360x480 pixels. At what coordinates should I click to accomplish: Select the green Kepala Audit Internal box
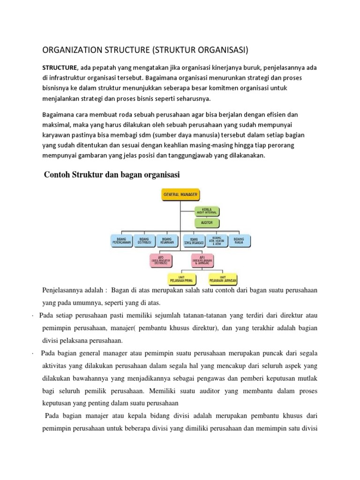point(207,210)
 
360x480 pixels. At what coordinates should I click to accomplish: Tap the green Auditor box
point(207,223)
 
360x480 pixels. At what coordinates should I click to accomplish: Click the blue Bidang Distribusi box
point(144,241)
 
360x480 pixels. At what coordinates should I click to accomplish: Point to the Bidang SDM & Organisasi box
point(193,241)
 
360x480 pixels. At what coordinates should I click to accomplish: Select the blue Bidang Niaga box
point(239,241)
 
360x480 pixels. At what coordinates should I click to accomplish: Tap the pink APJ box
point(202,260)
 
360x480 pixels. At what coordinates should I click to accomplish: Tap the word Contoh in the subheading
point(57,174)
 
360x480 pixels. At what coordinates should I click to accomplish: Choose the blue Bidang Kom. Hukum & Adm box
point(216,241)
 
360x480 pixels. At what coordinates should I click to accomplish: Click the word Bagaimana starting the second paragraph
point(60,114)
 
